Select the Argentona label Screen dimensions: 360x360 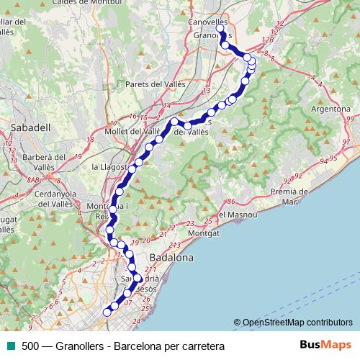click(x=330, y=109)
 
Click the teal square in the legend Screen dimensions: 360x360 click(x=9, y=346)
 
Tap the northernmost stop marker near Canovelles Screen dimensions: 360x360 click(x=220, y=30)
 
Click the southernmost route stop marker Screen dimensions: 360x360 click(x=107, y=312)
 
